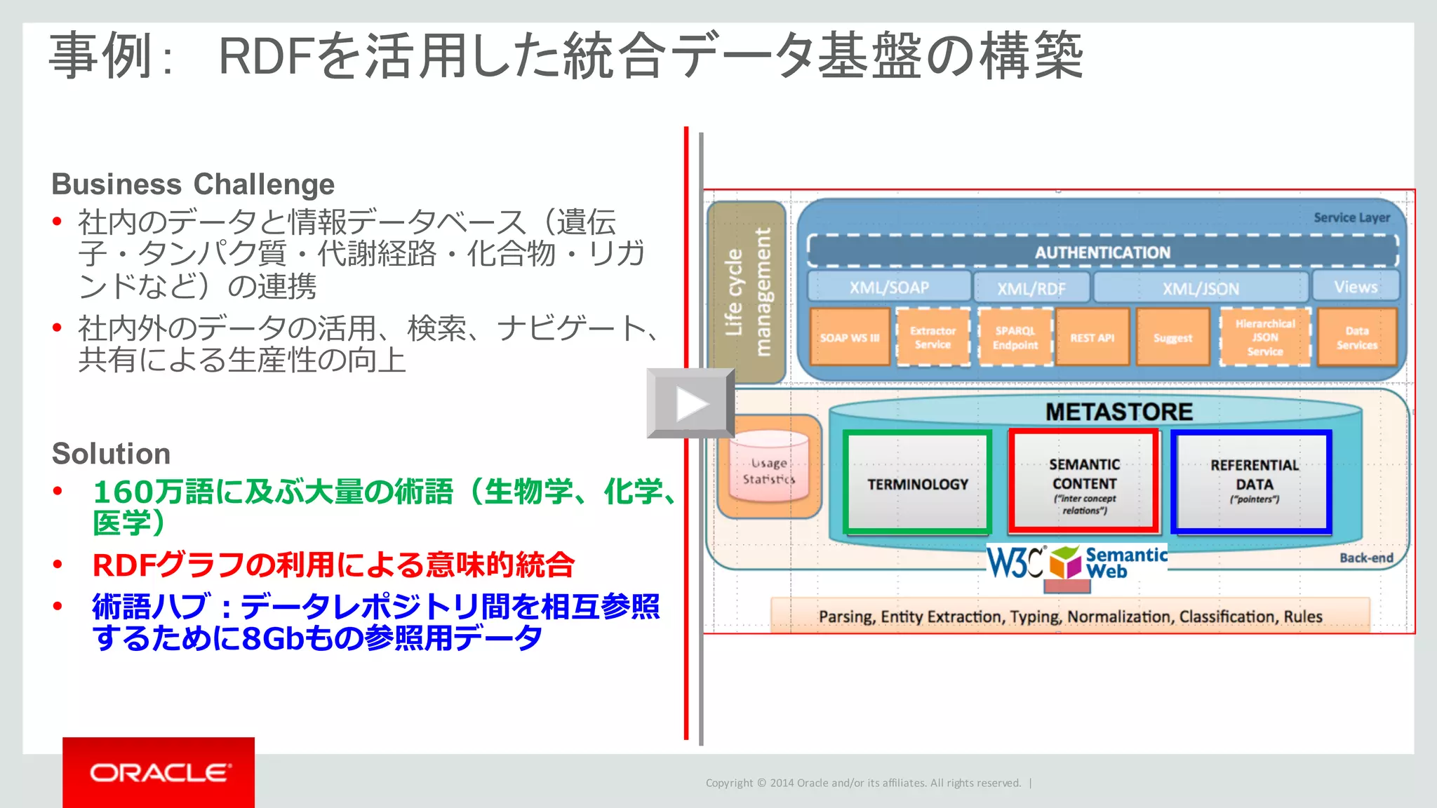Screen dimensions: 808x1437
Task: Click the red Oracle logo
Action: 159,772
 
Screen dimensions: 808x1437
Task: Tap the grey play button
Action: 690,403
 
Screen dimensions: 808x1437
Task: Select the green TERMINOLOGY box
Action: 917,483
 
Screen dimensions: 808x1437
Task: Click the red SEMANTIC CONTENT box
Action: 1084,483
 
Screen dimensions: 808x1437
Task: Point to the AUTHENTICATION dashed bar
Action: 1102,252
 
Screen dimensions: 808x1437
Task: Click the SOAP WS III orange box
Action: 850,337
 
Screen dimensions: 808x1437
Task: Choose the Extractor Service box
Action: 933,337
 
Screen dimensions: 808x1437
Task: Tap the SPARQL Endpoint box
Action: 1015,337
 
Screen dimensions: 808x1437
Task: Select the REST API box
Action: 1092,337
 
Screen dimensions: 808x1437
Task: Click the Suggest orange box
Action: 1172,337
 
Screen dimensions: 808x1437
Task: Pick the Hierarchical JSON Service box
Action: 1265,337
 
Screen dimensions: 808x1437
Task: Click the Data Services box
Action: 1357,337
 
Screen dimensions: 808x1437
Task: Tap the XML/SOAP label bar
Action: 889,288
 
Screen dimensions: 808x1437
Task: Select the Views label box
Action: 1356,287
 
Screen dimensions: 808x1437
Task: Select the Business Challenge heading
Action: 193,184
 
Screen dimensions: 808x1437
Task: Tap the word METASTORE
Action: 1118,412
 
